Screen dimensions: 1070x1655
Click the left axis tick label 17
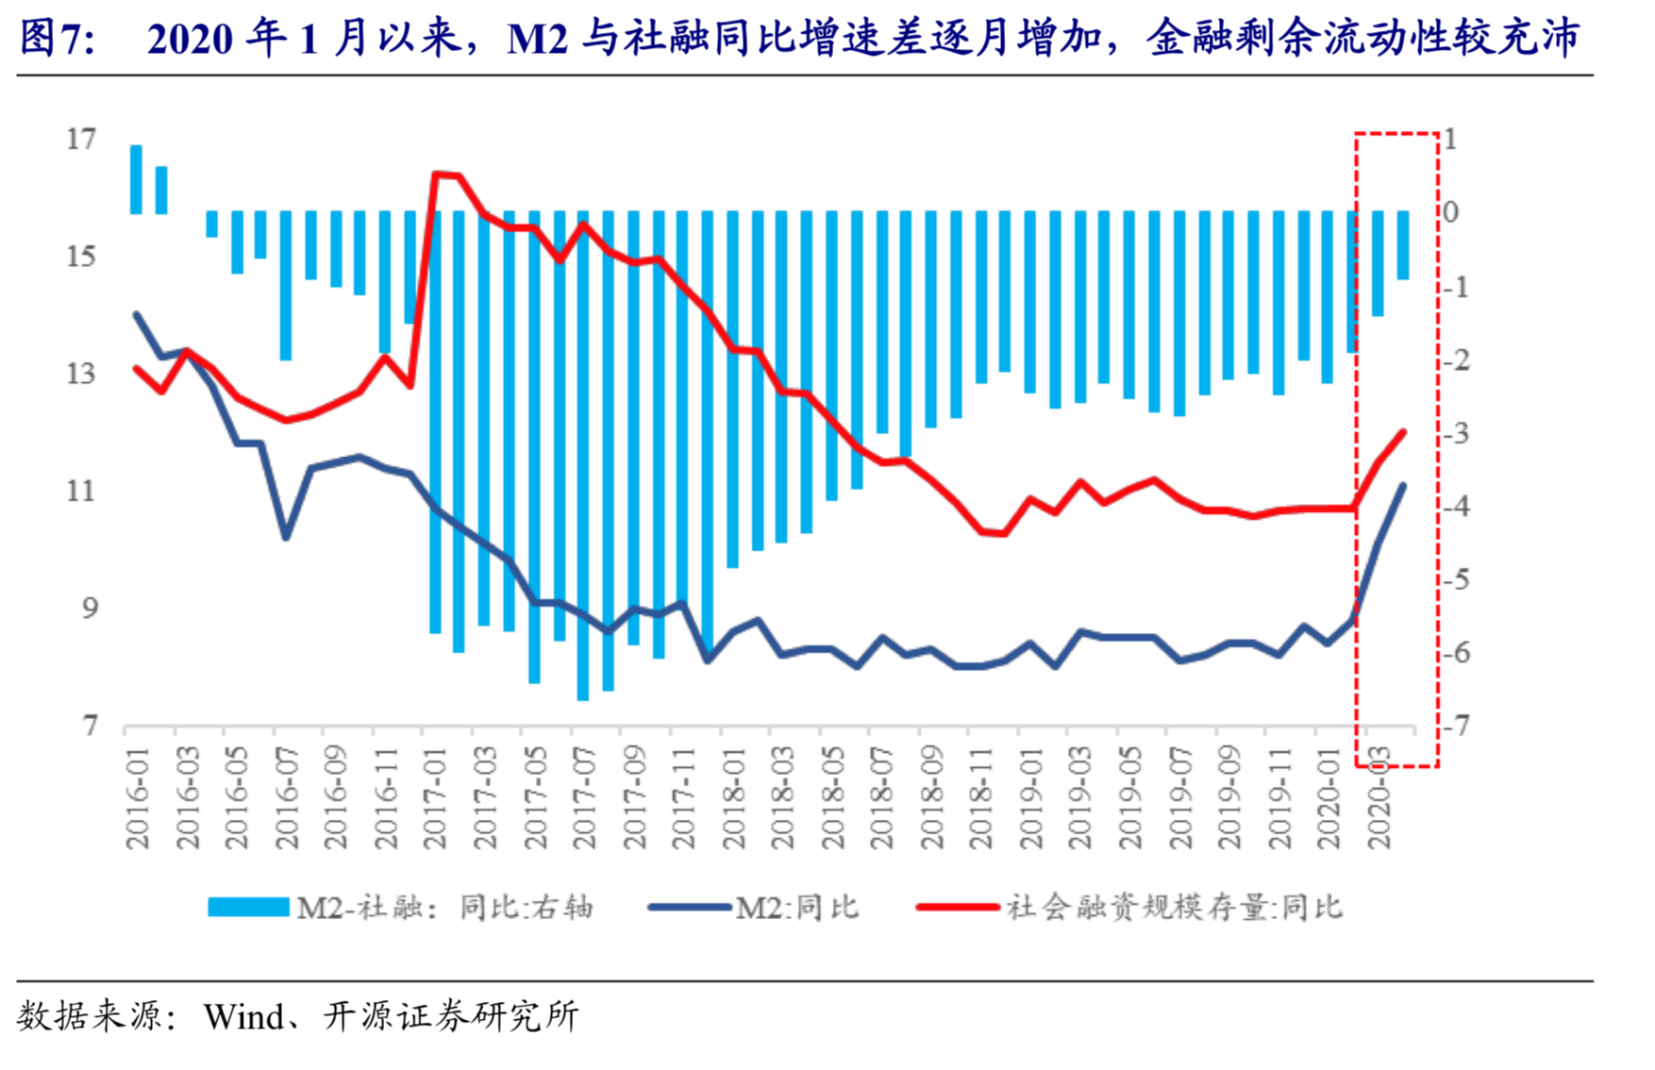tap(82, 140)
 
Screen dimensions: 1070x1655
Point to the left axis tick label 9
tap(89, 609)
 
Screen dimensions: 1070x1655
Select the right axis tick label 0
tap(1450, 212)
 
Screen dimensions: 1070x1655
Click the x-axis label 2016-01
tap(138, 800)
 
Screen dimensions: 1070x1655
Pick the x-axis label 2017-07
tap(584, 800)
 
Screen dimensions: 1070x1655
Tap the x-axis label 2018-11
tap(981, 800)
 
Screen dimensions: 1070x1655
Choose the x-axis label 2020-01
tap(1329, 800)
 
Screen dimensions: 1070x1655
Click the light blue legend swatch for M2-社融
tap(248, 907)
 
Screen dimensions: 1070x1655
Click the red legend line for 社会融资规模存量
tap(957, 907)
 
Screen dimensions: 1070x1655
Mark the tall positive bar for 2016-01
tap(136, 179)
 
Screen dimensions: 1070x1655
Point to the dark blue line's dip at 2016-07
tap(286, 537)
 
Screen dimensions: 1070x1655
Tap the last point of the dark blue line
tap(1403, 486)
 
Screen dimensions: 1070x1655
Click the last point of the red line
tap(1403, 432)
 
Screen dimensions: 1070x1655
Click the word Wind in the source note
tap(243, 1016)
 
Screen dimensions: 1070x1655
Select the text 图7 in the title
tap(55, 39)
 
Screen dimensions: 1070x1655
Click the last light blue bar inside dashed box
tap(1403, 245)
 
